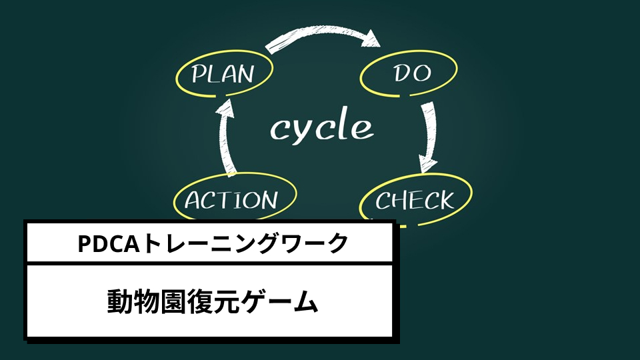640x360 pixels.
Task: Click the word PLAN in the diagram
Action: tap(223, 73)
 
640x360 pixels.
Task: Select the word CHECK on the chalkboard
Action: tap(415, 199)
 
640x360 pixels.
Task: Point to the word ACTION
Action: tap(231, 200)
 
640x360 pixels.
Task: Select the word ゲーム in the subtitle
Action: tap(281, 303)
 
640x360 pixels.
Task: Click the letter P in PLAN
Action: tap(199, 73)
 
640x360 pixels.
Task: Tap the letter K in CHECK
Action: tap(444, 199)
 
